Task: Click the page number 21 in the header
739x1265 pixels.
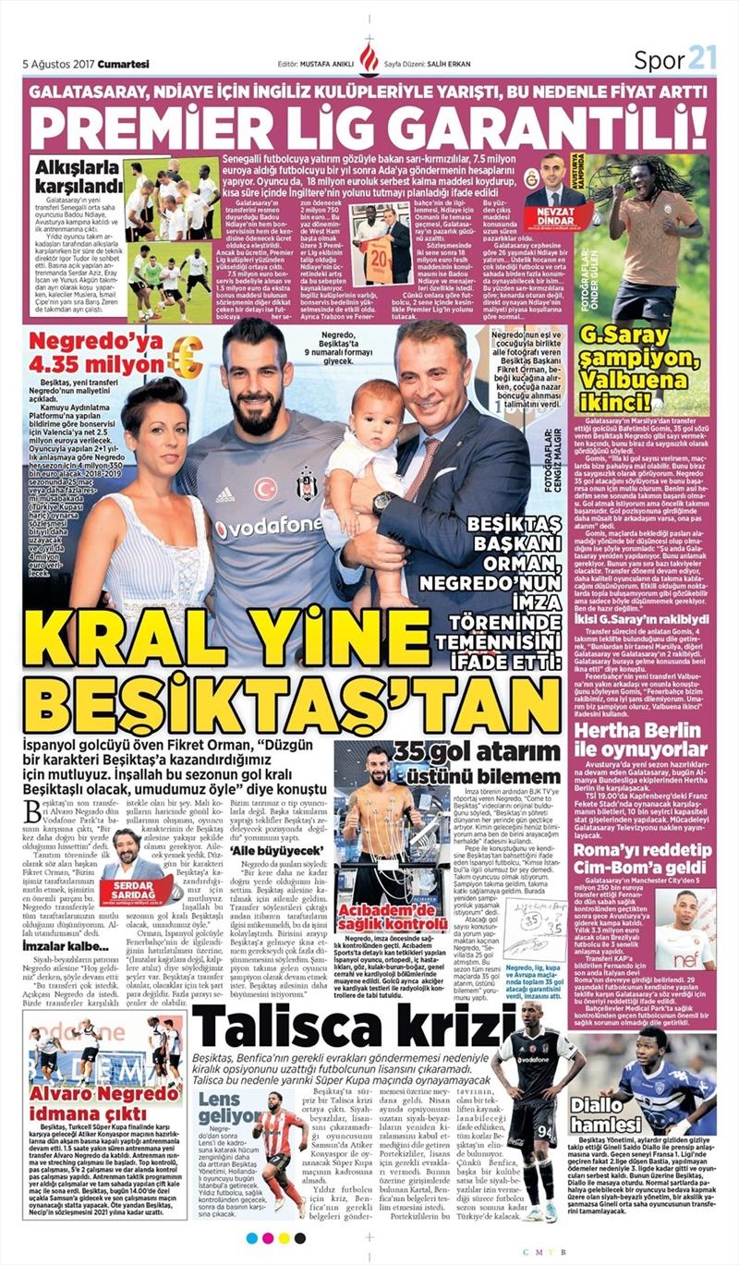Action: click(702, 60)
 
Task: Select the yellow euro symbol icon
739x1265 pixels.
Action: click(185, 358)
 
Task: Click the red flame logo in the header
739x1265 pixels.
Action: click(369, 60)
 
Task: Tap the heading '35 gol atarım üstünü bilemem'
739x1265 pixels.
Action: click(476, 762)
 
